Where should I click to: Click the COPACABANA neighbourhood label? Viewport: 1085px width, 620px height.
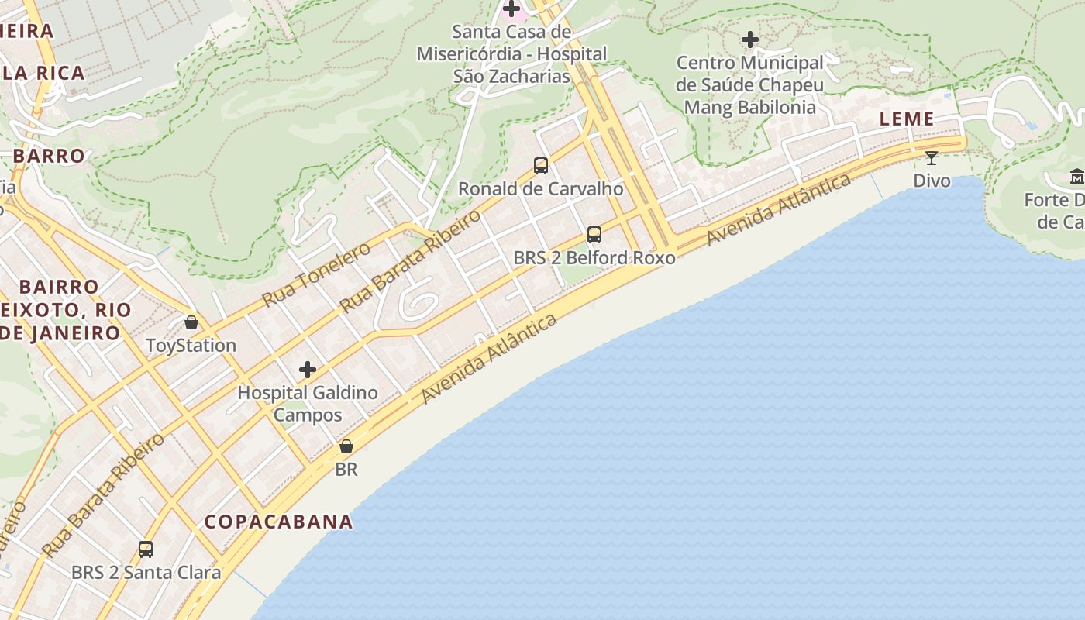[x=278, y=522]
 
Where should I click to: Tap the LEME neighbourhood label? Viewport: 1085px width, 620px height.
[x=907, y=119]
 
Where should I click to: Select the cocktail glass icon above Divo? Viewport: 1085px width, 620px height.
[x=932, y=158]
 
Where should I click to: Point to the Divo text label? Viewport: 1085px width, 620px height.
[x=932, y=181]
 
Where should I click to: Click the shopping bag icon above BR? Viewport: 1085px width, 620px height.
[x=346, y=446]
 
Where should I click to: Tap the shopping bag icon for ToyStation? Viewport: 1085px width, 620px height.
[x=191, y=322]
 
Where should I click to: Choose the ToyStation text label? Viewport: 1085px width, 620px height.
[x=191, y=345]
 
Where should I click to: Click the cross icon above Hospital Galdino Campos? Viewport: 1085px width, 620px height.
[x=308, y=370]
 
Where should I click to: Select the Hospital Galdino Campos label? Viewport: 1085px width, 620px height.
[x=308, y=403]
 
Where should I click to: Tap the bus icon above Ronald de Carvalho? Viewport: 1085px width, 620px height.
[x=541, y=165]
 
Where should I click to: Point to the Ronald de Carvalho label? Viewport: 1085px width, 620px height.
[x=541, y=188]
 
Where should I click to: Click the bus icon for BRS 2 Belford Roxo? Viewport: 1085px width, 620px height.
[x=594, y=234]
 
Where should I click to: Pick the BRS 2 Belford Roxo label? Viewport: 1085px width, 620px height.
[x=594, y=257]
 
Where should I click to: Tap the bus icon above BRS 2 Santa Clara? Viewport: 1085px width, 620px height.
[x=146, y=549]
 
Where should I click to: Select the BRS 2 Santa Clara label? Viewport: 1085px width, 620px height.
[x=146, y=573]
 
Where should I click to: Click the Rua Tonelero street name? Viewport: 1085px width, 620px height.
[x=316, y=274]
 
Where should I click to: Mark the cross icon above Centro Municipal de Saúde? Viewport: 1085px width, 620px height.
[x=750, y=39]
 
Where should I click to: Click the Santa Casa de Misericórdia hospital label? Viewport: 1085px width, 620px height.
[x=511, y=54]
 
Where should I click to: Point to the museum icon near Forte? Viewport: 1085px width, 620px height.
[x=1076, y=177]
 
